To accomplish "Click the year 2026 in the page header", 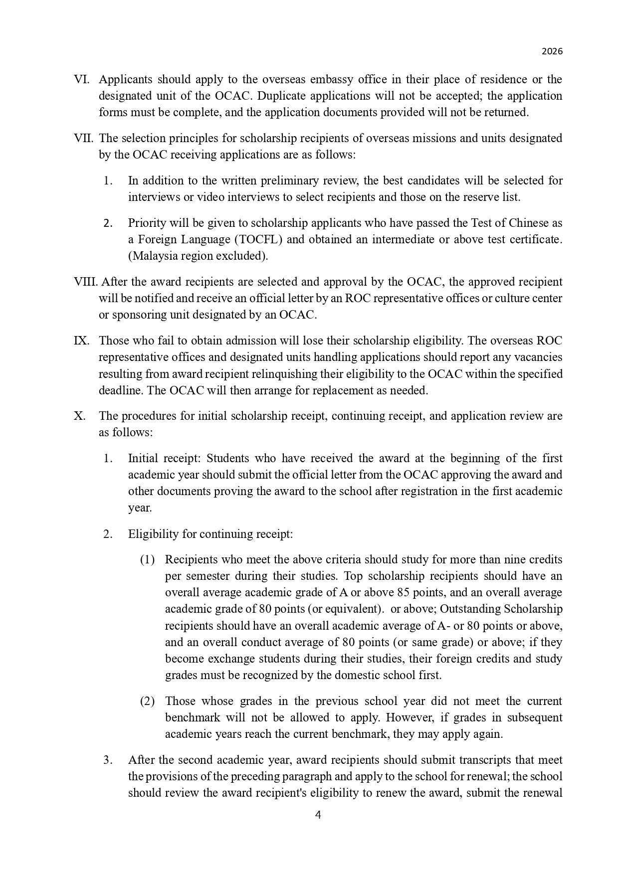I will pos(552,51).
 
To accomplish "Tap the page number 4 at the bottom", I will pos(318,815).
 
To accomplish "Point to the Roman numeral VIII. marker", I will pos(86,282).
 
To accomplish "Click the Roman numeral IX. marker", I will pos(81,341).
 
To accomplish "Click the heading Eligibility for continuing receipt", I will pos(210,534).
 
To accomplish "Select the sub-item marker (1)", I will pos(147,559).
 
